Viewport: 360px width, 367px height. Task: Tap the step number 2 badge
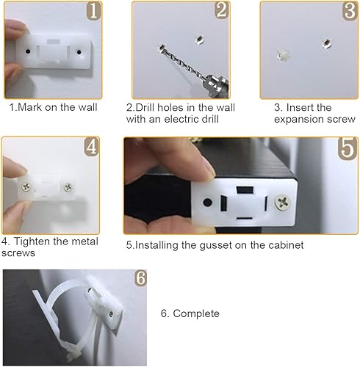point(221,11)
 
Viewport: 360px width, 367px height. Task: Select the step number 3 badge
point(348,11)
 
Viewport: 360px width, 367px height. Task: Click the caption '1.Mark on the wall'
point(53,107)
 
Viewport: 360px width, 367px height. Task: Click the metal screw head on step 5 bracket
point(283,200)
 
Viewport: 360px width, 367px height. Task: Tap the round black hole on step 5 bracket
point(209,200)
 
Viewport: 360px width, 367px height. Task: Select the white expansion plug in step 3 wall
point(283,54)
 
